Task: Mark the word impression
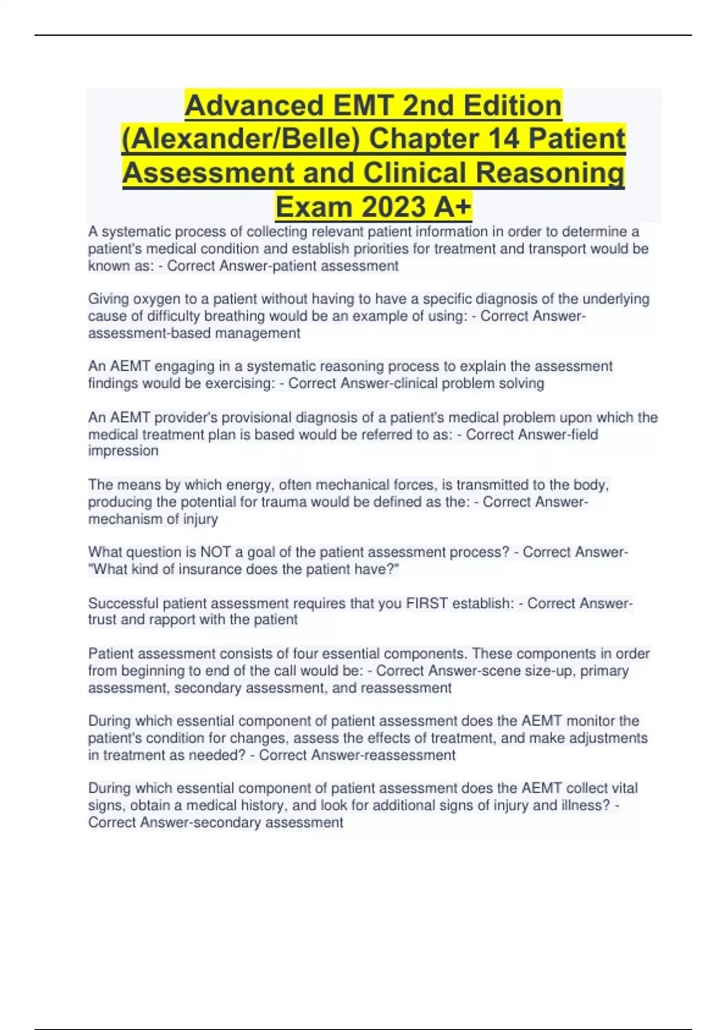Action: click(x=123, y=451)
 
